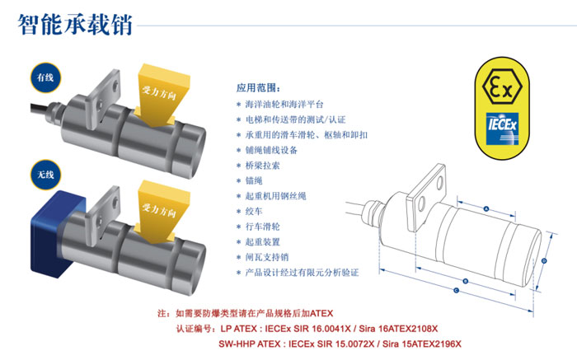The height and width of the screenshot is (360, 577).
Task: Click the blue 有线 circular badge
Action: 45,77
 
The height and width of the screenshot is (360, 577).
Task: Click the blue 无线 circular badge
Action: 45,175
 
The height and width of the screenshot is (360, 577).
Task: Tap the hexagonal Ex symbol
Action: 502,86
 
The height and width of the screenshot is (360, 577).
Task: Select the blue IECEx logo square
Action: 502,128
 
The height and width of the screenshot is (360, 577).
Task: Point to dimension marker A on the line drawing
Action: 486,209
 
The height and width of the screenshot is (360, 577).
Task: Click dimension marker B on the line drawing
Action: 465,281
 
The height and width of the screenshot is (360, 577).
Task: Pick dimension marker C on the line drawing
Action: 457,291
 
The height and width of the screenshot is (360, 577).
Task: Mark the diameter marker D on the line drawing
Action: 544,261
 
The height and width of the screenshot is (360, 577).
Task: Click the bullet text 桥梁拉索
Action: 263,166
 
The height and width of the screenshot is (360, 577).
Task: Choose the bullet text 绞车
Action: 254,211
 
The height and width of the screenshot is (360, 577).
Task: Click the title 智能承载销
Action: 75,24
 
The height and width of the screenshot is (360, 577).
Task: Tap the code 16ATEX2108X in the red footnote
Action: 408,329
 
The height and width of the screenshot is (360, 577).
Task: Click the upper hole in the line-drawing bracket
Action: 439,183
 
